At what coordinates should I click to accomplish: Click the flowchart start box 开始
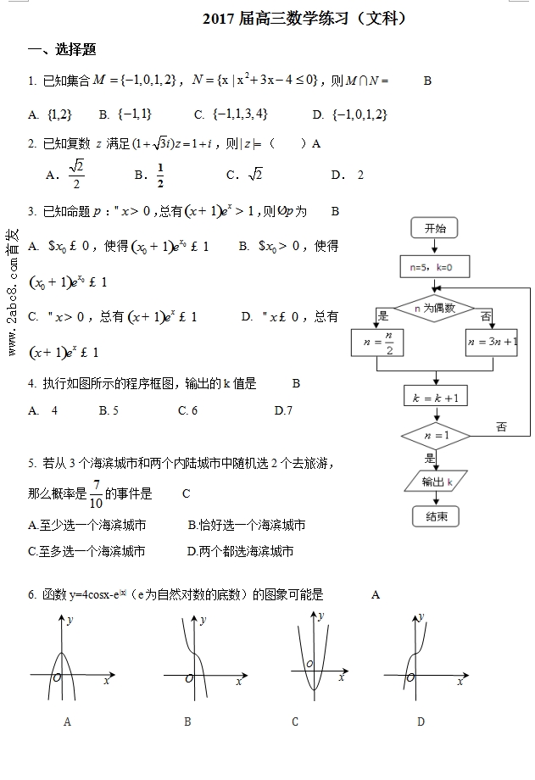434,228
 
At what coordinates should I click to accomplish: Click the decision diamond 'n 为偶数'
434,309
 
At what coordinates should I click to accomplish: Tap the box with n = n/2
378,343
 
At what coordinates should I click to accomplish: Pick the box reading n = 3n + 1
492,343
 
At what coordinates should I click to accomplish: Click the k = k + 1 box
434,397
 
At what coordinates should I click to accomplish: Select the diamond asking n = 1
434,436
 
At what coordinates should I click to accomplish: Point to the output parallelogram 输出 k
435,482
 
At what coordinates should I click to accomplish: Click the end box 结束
435,515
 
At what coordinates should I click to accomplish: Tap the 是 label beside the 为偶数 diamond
383,316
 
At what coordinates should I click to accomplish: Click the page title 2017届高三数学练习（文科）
304,18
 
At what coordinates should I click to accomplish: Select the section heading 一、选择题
62,50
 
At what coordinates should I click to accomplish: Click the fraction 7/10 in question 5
96,493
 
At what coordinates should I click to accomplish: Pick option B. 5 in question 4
109,410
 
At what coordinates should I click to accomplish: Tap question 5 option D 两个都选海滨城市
241,551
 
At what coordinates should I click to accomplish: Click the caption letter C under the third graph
295,721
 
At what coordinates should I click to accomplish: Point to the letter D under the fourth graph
421,721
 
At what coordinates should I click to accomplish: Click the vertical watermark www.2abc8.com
13,292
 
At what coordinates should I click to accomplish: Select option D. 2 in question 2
348,175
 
